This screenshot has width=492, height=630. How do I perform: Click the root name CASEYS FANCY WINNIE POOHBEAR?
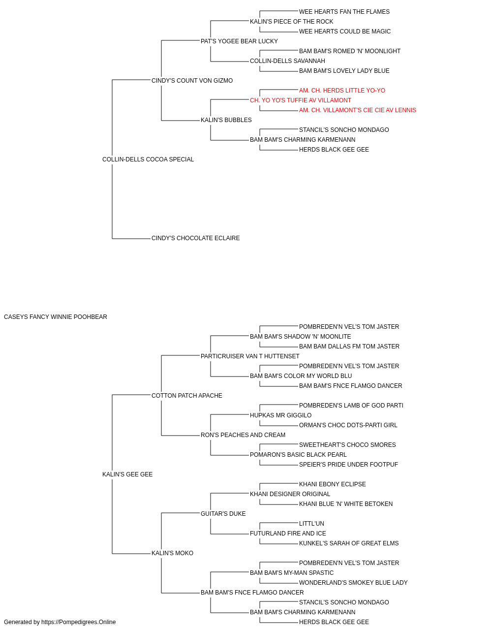coord(55,317)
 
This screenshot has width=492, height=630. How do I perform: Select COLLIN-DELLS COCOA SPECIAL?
coord(148,159)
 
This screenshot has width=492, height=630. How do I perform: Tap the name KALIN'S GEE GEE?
coord(127,474)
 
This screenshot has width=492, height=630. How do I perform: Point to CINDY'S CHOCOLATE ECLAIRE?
coord(196,238)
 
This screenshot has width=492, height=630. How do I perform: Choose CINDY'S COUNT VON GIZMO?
coord(192,81)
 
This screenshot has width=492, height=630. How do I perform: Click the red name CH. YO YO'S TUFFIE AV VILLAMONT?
coord(301,100)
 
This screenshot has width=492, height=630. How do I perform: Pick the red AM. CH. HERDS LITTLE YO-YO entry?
coord(342,91)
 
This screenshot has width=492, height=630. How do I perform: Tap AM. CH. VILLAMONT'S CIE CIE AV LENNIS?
coord(358,110)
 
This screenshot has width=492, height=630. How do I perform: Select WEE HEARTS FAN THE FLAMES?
coord(344,12)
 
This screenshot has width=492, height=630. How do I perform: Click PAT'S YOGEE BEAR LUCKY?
coord(239,41)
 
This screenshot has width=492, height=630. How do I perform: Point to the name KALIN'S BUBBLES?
coord(226,120)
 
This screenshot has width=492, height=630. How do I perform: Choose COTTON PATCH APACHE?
coord(186,395)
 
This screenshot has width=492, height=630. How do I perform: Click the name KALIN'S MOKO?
coord(172,553)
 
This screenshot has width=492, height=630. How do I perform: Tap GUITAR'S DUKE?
coord(223,514)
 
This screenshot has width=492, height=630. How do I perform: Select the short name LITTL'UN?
coord(311,524)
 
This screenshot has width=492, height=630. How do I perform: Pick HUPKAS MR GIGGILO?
coord(280,415)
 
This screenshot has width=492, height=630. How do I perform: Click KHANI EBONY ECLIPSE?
coord(333,484)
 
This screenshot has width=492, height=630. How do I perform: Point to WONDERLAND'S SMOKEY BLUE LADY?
coord(353,583)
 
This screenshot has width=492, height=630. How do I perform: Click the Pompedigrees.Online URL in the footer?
coord(78,622)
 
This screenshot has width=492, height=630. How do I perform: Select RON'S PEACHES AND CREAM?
coord(243,435)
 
